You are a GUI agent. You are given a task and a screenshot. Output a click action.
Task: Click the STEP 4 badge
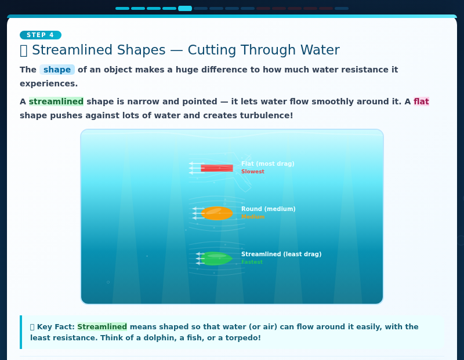40,35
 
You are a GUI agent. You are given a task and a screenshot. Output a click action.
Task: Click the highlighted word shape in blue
57,70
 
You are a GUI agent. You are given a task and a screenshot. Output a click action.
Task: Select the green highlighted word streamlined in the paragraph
56,101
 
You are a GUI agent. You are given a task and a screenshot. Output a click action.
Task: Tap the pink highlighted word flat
421,101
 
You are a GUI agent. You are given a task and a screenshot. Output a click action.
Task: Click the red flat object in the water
217,168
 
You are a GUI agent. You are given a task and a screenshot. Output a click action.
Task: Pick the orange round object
217,213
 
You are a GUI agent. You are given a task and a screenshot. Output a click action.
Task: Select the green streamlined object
217,259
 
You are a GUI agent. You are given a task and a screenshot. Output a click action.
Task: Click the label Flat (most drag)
267,164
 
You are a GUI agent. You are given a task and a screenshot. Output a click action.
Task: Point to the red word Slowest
252,172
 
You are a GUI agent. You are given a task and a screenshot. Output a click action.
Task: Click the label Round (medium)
268,209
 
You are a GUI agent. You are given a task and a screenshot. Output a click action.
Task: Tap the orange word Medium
253,217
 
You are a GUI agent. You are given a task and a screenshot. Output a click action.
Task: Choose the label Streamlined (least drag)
281,254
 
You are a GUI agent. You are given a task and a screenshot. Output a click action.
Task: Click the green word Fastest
252,262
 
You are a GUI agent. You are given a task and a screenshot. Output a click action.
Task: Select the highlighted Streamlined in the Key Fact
102,327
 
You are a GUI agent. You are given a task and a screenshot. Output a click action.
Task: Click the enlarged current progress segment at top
185,9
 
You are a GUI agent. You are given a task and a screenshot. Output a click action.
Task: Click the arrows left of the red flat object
194,168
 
